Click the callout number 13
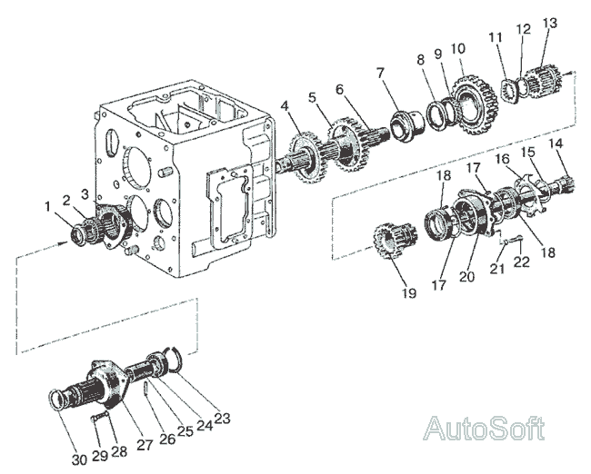549,23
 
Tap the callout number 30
79,459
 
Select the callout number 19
408,292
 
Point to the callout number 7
380,73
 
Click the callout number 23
222,418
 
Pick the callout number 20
466,276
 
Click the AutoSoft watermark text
485,428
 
